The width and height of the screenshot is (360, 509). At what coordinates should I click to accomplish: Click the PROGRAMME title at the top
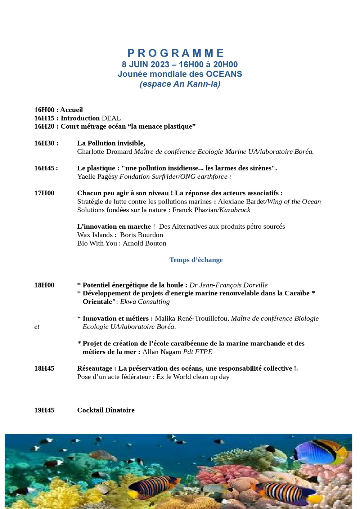[176, 53]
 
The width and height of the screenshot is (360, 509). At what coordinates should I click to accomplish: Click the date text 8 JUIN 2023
[145, 64]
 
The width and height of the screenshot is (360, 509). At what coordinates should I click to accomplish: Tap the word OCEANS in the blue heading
[224, 74]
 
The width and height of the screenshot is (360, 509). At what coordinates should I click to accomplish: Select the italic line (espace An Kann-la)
[180, 84]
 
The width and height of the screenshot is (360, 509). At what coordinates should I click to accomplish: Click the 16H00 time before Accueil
[44, 110]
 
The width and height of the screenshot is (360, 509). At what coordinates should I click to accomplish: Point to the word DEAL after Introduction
[111, 118]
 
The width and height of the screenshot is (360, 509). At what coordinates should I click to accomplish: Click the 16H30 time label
[44, 143]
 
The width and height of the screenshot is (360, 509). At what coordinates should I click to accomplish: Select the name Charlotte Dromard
[104, 152]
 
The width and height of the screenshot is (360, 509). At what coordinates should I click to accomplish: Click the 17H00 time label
[44, 193]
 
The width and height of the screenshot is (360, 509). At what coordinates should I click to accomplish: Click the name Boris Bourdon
[141, 235]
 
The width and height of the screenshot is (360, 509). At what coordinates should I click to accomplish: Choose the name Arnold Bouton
[144, 244]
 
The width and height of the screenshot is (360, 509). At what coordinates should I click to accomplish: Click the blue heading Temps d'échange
[196, 260]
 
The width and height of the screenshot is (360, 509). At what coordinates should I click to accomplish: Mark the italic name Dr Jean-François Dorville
[229, 285]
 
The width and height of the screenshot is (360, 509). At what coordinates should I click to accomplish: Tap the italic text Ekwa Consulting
[145, 302]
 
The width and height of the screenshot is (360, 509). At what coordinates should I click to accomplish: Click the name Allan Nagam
[162, 352]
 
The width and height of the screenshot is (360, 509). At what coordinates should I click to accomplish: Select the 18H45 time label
[44, 369]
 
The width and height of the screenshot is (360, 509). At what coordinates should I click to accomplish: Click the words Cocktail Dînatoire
[106, 410]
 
